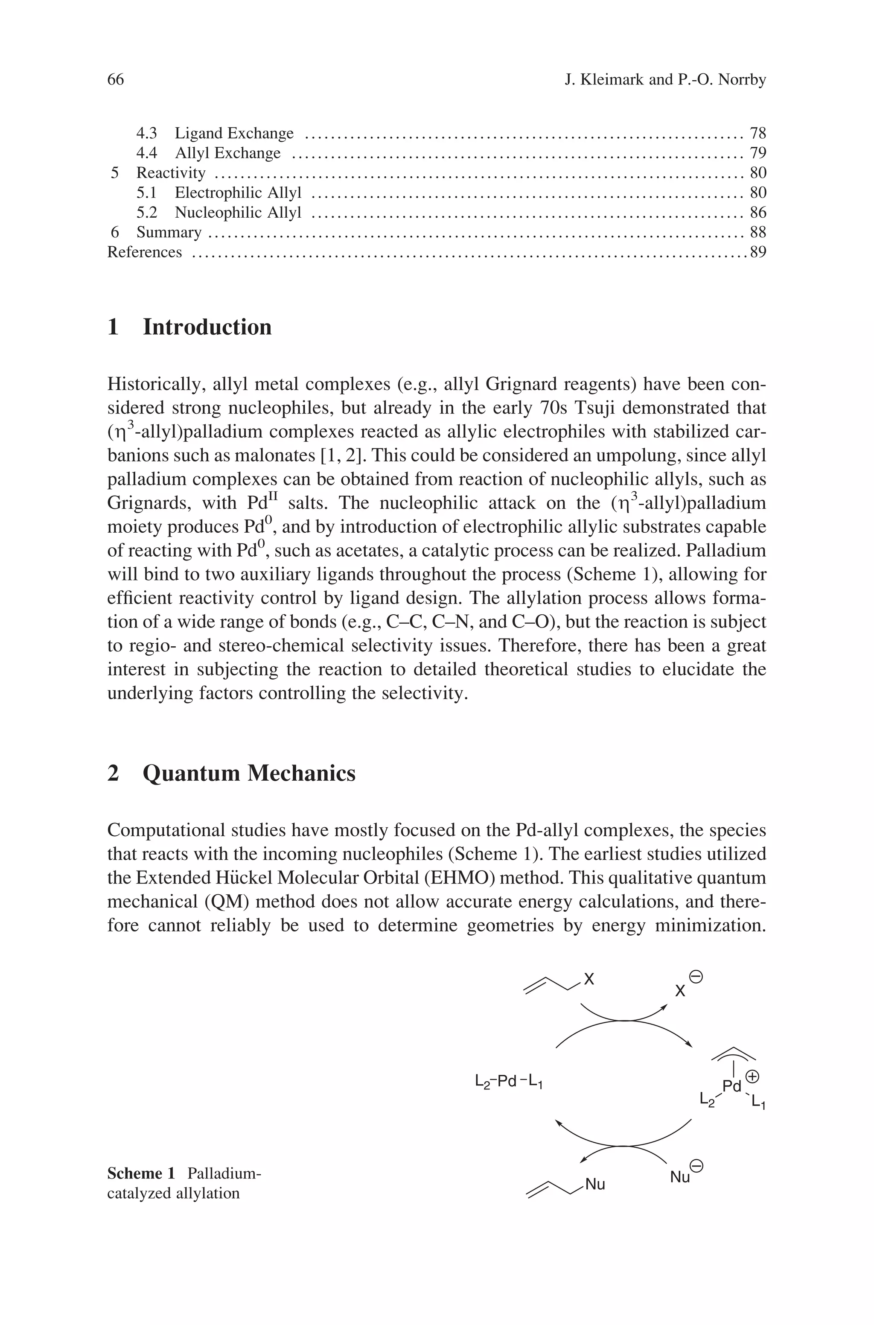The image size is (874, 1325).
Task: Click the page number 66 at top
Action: click(x=115, y=80)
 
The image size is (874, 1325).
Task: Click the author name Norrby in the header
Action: click(x=742, y=80)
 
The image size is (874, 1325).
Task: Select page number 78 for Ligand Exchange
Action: click(x=758, y=133)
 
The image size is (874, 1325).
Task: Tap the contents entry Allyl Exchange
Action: click(x=227, y=153)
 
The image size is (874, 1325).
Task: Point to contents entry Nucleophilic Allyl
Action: click(x=238, y=213)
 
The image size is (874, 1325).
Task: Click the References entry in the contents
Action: click(x=144, y=252)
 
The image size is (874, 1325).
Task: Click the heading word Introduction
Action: click(x=207, y=327)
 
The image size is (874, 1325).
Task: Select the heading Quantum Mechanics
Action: click(x=249, y=773)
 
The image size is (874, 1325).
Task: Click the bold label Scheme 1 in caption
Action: click(x=141, y=1173)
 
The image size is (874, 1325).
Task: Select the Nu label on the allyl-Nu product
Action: click(x=595, y=1184)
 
